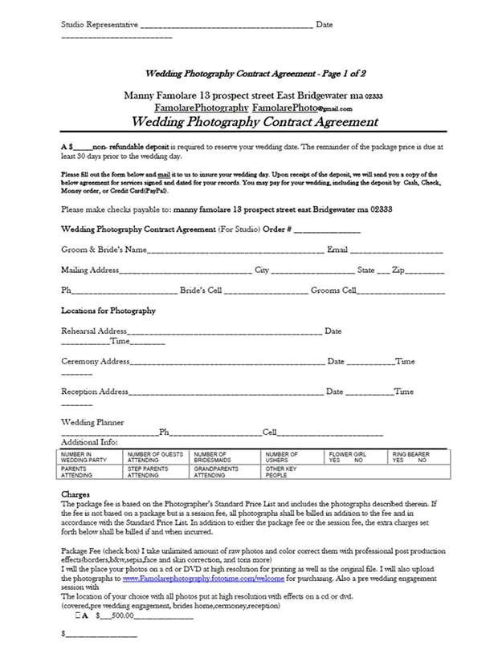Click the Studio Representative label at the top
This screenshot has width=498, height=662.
[100, 25]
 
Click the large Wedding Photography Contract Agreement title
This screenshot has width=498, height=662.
[254, 123]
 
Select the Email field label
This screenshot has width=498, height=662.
[337, 250]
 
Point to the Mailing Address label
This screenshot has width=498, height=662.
[91, 270]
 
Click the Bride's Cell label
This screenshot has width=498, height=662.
[201, 290]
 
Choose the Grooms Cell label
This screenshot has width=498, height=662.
[333, 290]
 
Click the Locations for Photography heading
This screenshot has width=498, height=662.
[108, 311]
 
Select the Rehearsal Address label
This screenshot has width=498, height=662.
[94, 331]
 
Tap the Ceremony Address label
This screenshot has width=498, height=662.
[96, 361]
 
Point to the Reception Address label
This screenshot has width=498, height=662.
[95, 392]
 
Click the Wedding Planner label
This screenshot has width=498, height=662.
[92, 422]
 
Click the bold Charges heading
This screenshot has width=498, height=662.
[76, 494]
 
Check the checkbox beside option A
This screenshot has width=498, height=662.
[78, 616]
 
